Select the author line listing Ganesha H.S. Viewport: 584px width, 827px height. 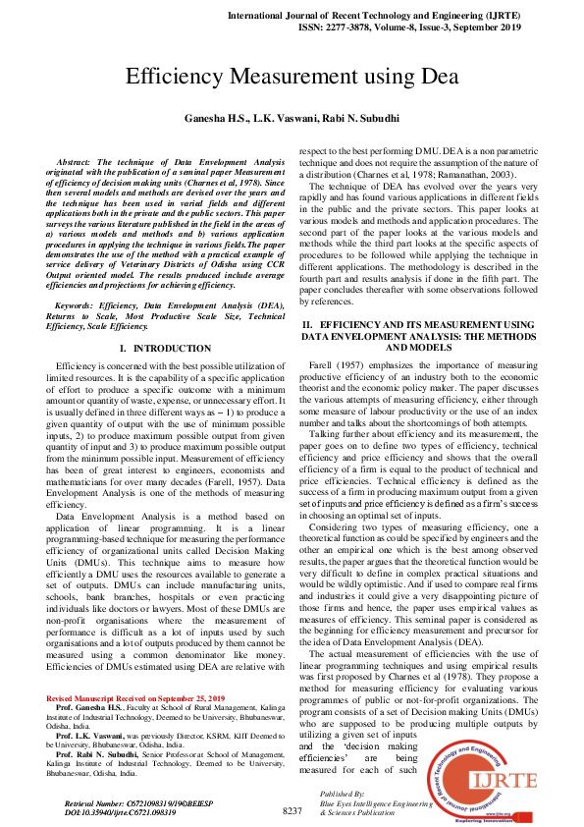292,117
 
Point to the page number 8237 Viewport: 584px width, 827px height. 292,810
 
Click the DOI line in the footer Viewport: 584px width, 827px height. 121,812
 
